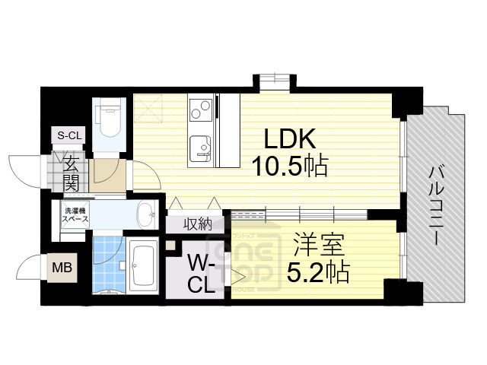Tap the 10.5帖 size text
290,166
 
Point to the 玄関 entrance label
71,173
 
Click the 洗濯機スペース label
75,214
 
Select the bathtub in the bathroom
142,266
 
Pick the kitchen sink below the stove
200,144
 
